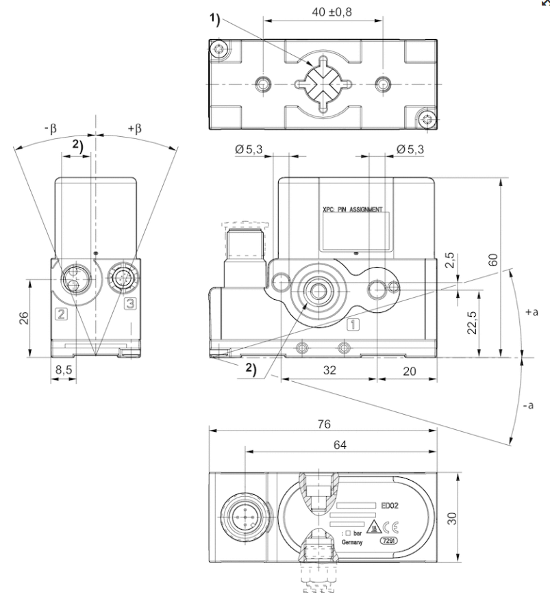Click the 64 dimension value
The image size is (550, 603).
340,445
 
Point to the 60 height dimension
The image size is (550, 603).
492,259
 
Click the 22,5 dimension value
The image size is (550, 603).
472,322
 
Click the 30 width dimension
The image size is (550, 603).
453,517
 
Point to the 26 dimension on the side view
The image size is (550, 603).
25,317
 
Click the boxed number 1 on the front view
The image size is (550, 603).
351,324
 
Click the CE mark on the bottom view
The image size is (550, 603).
388,527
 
